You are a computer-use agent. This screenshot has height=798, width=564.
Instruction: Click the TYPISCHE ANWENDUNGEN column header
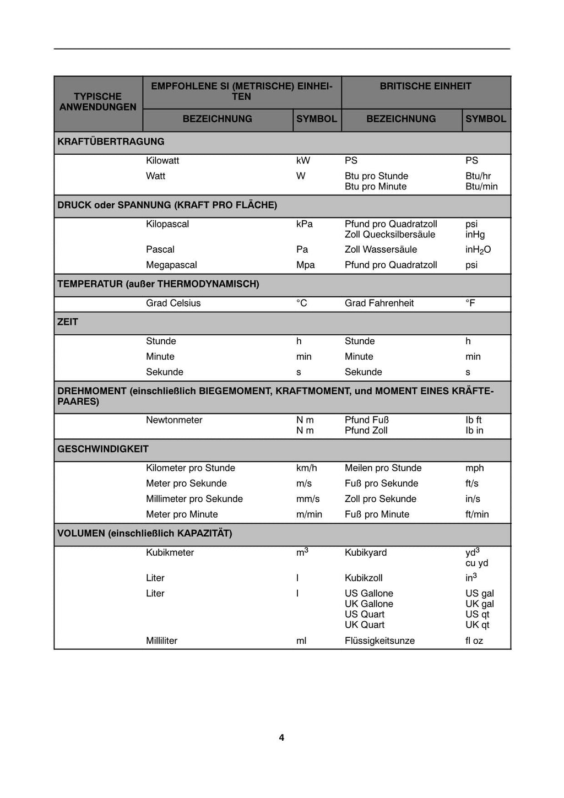coord(98,102)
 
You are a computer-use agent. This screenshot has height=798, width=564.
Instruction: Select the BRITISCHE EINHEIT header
coord(425,86)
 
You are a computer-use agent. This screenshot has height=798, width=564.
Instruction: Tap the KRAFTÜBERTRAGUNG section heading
coord(111,142)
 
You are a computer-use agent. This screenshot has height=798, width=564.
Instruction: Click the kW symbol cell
coord(303,161)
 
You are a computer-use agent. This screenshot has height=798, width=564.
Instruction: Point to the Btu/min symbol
coord(481,187)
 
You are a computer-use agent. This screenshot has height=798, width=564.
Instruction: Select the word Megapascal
coord(171,265)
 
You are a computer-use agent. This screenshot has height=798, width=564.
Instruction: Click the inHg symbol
coord(475,235)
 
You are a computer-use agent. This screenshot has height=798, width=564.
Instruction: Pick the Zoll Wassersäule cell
coord(381,249)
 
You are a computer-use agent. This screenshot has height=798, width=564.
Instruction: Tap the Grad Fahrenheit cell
coord(379,303)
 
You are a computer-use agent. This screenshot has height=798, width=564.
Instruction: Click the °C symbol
coord(302,303)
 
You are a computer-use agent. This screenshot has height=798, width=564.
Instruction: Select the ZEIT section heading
coord(68,322)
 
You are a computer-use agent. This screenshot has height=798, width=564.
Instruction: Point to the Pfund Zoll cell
coord(366,431)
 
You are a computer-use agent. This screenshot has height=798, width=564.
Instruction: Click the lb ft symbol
coord(473,420)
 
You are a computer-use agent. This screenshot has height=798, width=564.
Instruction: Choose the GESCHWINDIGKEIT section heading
coord(103,449)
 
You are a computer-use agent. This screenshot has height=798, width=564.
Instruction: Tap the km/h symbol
coord(306,468)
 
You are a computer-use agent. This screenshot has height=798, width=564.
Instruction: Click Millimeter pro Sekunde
coord(194,499)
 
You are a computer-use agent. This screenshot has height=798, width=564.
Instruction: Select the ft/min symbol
coord(477,514)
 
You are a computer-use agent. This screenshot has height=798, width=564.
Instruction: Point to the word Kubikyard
coord(366,553)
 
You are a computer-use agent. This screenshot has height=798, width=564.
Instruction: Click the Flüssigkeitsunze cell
coord(379,641)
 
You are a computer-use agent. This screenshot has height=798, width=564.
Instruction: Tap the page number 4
coord(281,738)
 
